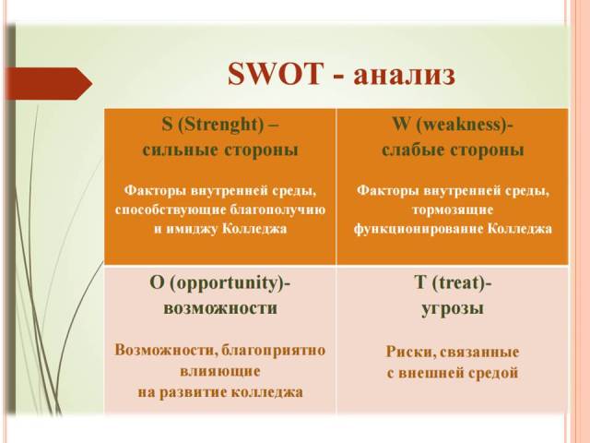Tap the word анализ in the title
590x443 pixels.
(404, 74)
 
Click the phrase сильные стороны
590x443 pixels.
(220, 149)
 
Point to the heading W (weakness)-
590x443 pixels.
(453, 126)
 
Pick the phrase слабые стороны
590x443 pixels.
(453, 149)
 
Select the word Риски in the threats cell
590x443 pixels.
(407, 353)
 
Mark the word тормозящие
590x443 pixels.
(453, 210)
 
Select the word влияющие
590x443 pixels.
(220, 371)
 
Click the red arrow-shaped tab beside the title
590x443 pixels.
(46, 84)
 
